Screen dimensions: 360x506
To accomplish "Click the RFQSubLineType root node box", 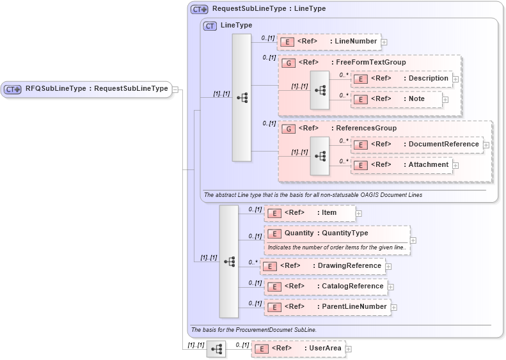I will click(88, 89).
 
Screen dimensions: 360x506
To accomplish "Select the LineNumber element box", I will click(330, 42).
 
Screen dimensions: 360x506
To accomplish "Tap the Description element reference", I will click(402, 79).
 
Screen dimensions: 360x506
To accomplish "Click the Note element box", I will click(397, 100).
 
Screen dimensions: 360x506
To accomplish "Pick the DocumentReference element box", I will click(416, 145).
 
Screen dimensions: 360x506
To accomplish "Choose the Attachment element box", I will click(402, 165).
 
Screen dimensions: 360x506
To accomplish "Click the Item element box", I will click(310, 213).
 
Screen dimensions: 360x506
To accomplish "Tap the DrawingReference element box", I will click(322, 265).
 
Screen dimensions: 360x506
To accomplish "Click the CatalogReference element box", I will click(326, 286).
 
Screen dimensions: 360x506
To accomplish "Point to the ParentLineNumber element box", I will click(327, 307).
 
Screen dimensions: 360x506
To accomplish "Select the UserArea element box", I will click(298, 348).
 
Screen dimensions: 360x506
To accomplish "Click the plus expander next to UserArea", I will click(349, 349).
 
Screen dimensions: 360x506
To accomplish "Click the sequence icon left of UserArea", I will click(216, 349).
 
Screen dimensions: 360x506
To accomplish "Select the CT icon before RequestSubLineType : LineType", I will click(199, 10).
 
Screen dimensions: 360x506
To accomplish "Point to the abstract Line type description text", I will click(313, 194).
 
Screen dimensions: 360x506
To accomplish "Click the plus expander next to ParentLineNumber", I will click(393, 308).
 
